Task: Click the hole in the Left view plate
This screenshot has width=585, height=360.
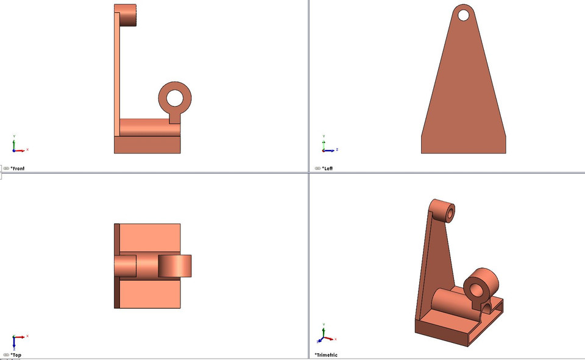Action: click(x=463, y=14)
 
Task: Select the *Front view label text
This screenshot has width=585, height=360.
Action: click(x=18, y=168)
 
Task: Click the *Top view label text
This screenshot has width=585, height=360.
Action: click(x=16, y=355)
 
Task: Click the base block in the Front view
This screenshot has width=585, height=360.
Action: click(x=147, y=144)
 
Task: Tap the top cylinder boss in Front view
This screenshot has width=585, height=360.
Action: click(x=129, y=15)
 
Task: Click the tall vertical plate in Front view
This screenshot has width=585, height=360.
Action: click(x=116, y=73)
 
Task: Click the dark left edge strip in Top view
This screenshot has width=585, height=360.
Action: click(x=116, y=266)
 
